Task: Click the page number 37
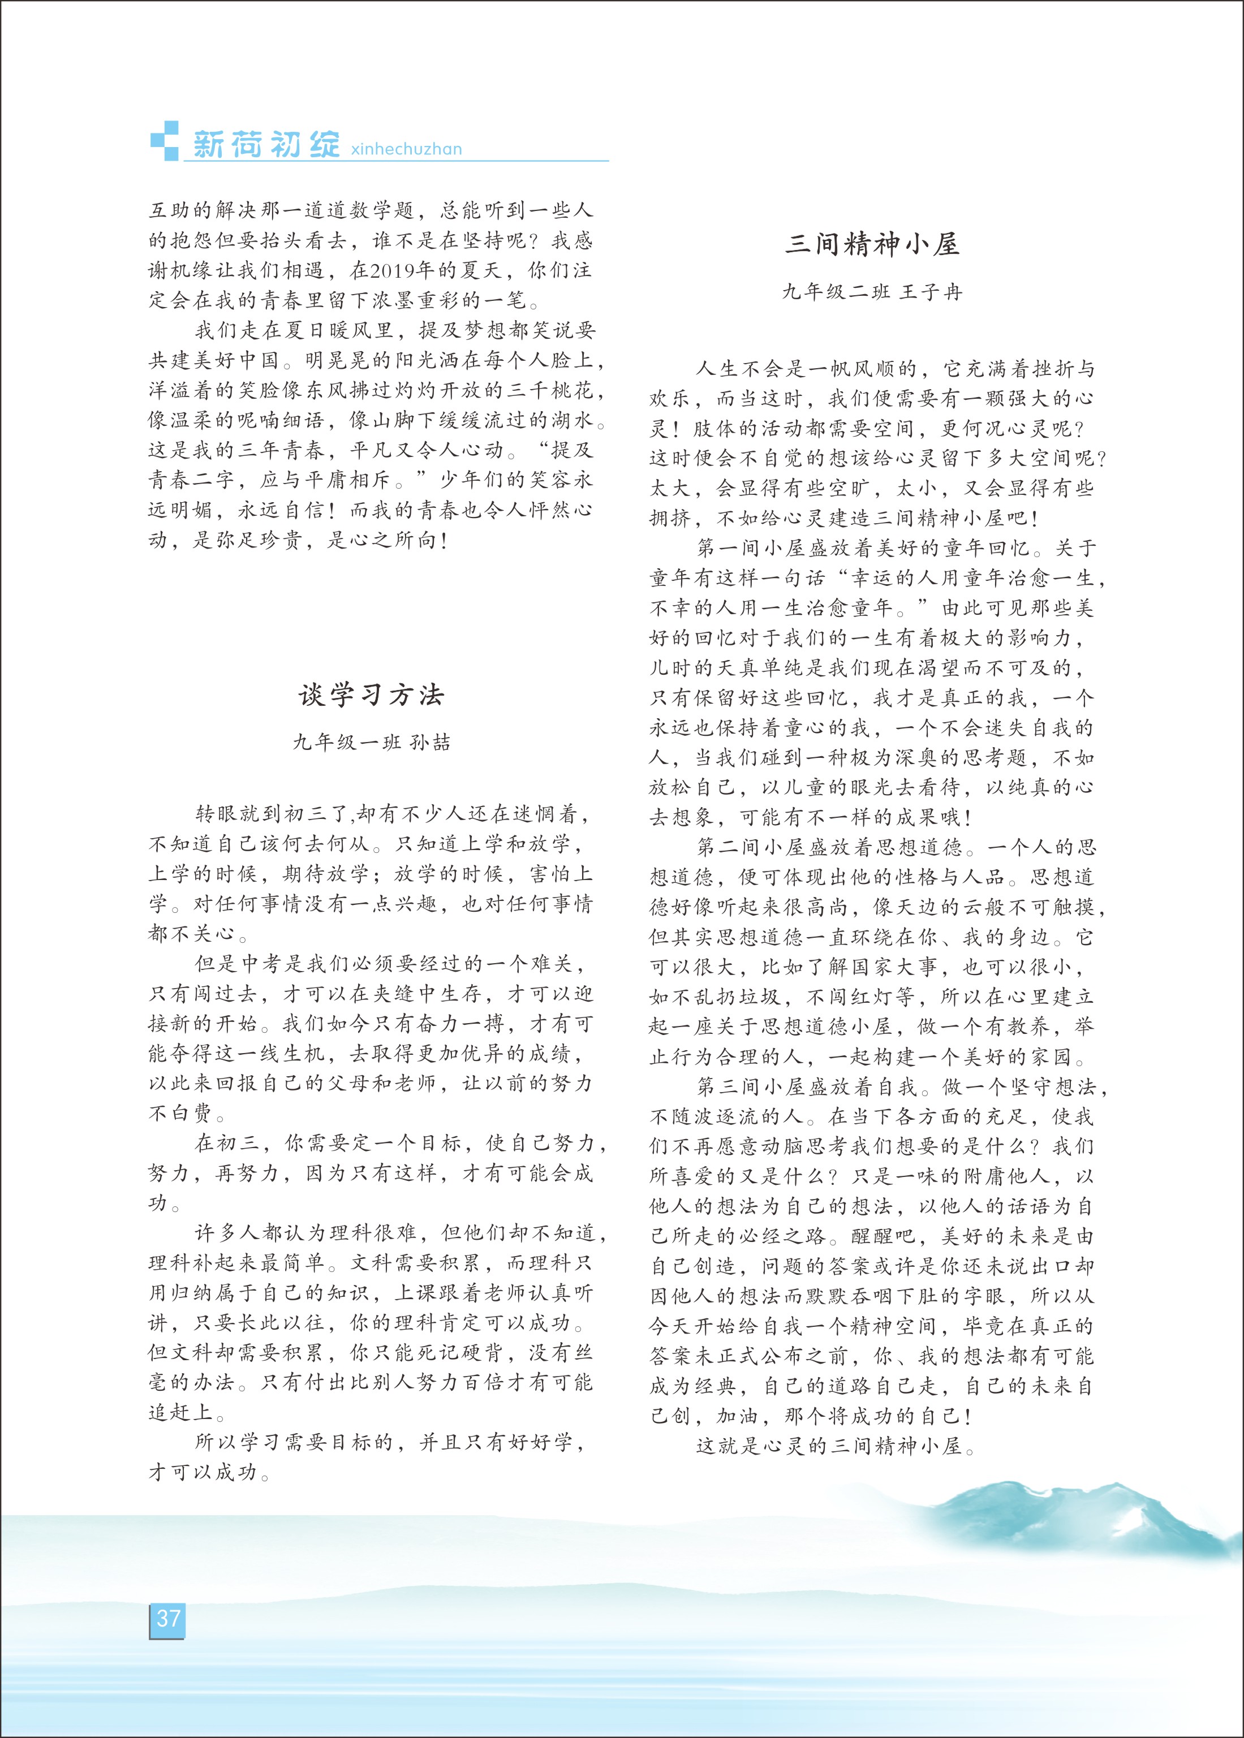[167, 1618]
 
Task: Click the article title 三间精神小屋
[872, 244]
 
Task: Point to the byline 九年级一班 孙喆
[372, 743]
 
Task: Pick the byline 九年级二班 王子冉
[872, 292]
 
